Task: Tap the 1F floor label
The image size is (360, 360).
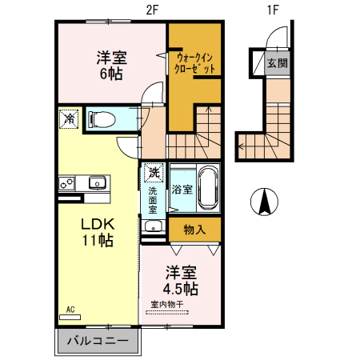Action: coord(273,10)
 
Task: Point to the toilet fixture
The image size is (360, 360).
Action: coord(102,120)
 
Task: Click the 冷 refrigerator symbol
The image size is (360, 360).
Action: coord(70,120)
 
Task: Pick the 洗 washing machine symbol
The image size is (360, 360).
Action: coord(152,171)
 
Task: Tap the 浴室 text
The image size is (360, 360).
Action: coord(182,190)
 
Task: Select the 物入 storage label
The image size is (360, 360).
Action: coord(194,230)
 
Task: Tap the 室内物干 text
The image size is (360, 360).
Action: coord(167,304)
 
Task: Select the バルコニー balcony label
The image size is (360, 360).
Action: coord(96,342)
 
